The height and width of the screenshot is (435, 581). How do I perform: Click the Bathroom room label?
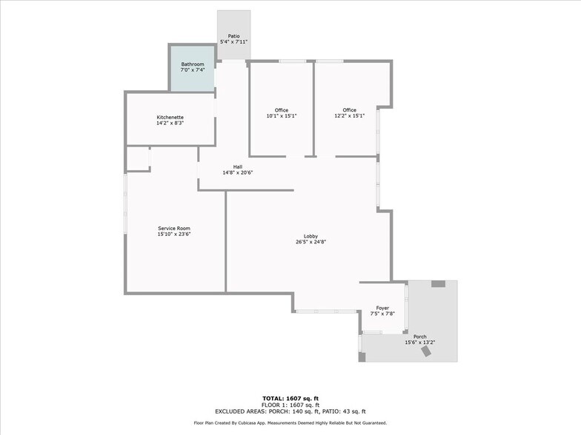click(x=193, y=64)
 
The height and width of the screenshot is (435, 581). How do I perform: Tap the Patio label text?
click(x=233, y=36)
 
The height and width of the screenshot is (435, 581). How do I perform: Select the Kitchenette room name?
click(x=170, y=118)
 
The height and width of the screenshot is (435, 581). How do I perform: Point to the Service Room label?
click(x=174, y=228)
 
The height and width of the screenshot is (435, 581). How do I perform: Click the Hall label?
click(x=238, y=166)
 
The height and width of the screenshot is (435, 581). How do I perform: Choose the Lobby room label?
click(x=311, y=236)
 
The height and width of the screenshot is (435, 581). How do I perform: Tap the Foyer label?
click(x=382, y=308)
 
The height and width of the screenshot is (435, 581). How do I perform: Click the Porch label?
click(x=420, y=337)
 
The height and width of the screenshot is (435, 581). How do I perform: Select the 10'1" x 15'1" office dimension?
click(x=282, y=116)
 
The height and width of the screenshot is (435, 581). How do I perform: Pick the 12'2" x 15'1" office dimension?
click(x=350, y=116)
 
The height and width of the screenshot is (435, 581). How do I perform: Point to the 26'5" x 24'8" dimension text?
click(x=311, y=242)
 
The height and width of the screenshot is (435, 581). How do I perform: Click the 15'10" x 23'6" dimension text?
click(x=174, y=234)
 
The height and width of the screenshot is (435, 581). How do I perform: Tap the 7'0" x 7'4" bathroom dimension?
click(x=193, y=70)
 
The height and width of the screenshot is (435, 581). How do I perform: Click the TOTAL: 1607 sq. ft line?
click(x=290, y=399)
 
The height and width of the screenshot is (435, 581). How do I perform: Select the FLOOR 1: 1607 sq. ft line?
click(x=290, y=405)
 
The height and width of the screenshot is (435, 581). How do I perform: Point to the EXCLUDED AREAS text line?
click(x=290, y=411)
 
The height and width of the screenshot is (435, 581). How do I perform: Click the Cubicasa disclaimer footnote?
click(x=290, y=423)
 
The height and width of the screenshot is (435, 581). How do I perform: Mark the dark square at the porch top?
click(x=438, y=283)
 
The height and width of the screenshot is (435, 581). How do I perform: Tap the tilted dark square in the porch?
click(x=428, y=352)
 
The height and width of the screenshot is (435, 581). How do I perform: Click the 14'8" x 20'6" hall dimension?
click(x=238, y=172)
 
